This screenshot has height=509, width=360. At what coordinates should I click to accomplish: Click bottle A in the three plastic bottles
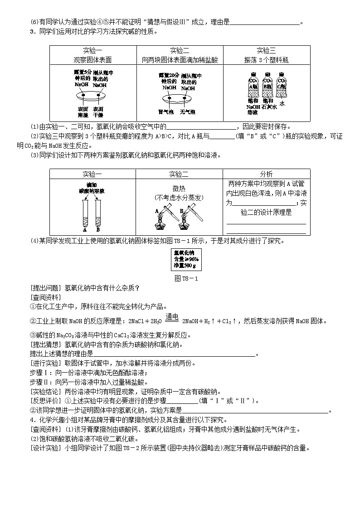click(253, 84)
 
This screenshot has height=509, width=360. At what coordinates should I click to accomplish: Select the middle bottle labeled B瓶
click(268, 84)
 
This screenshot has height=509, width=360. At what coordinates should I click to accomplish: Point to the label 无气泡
click(187, 111)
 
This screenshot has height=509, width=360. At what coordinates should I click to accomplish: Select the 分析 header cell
click(266, 174)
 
